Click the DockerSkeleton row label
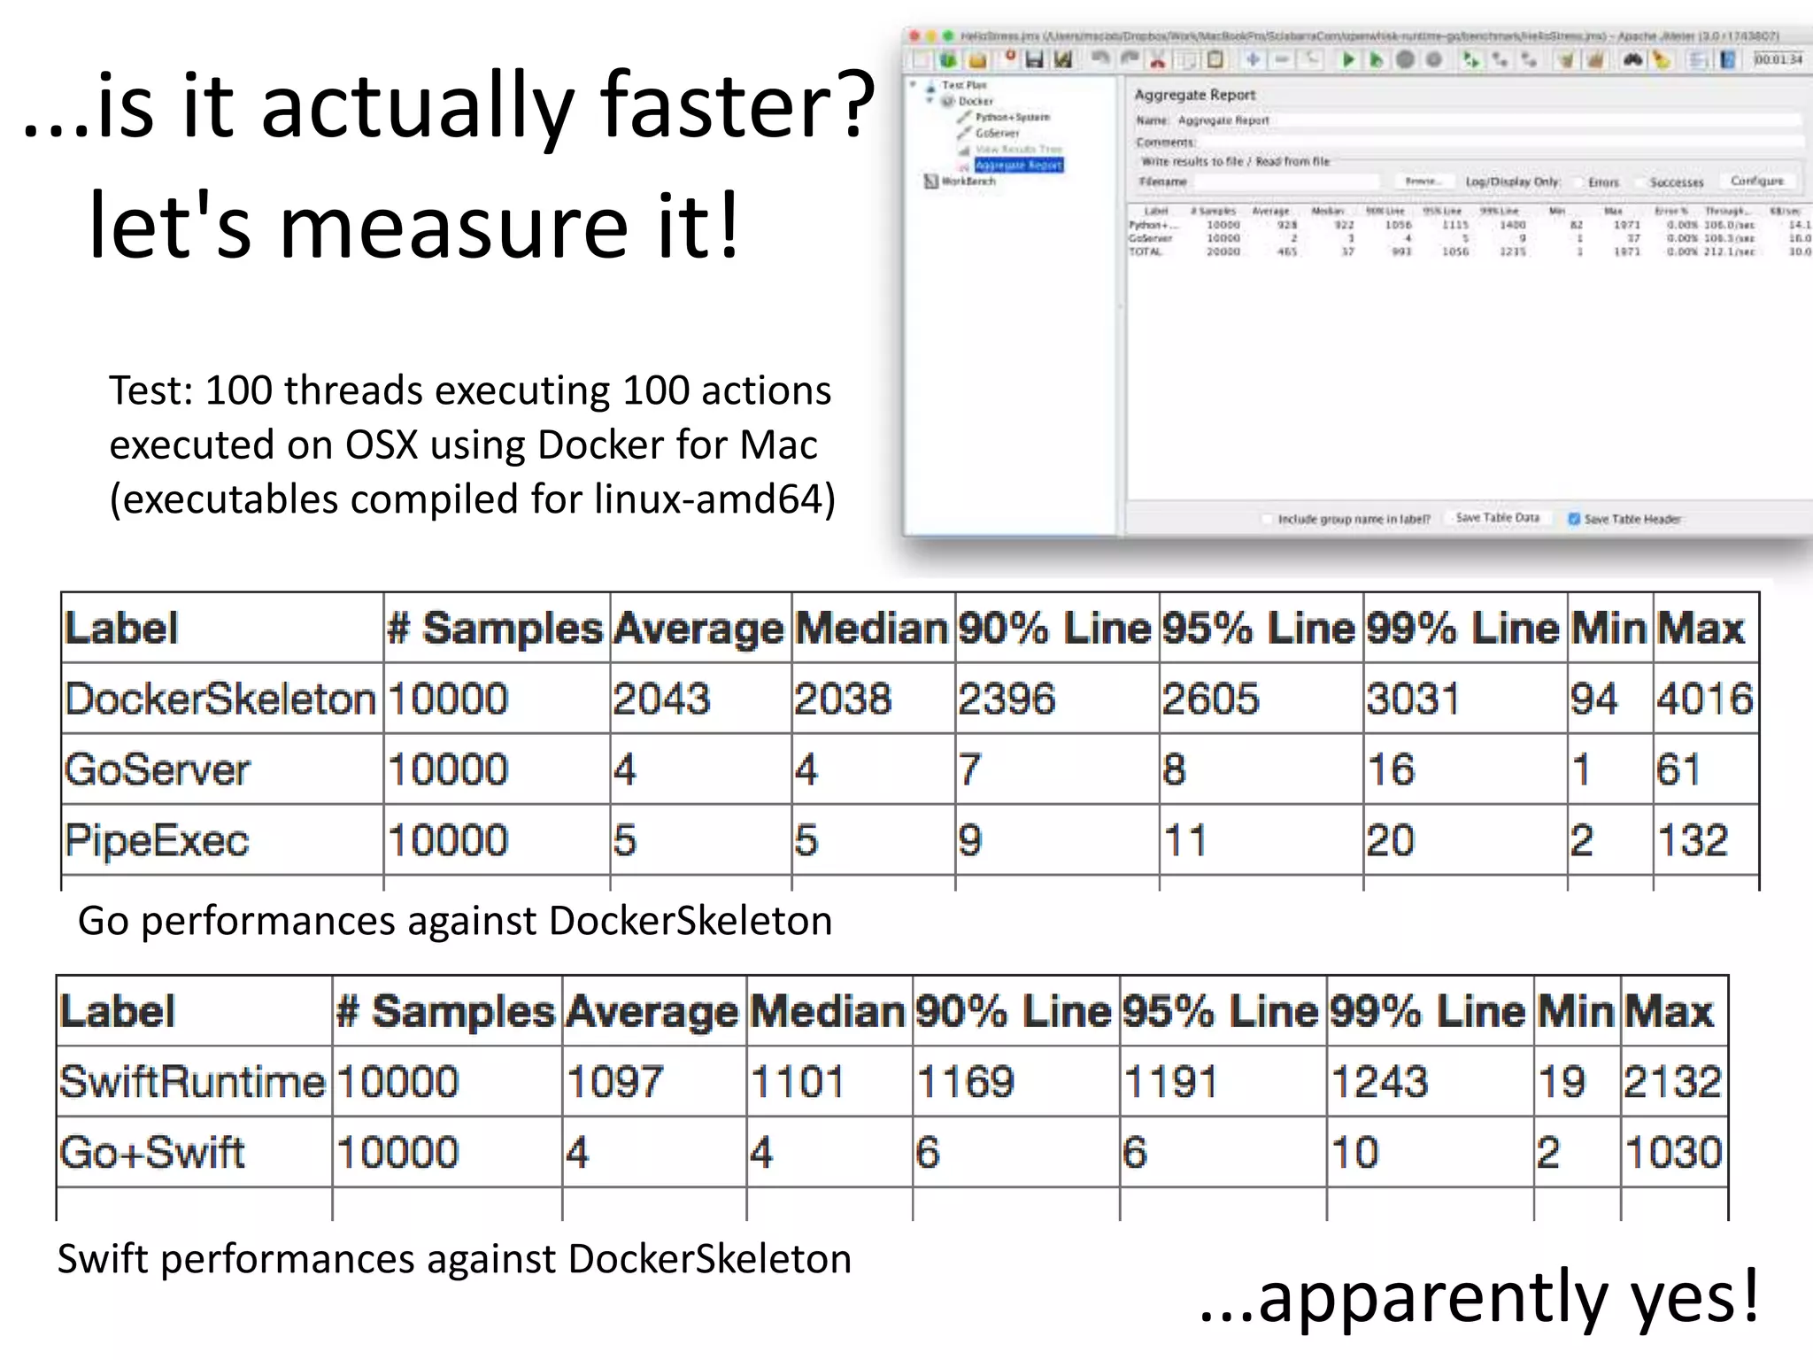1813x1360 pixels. [220, 699]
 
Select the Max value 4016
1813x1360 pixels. [1704, 699]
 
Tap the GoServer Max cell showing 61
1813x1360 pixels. [1678, 769]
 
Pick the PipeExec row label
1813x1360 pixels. [158, 840]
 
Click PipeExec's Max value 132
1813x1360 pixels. [1692, 840]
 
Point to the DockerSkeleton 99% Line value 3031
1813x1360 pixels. [1413, 699]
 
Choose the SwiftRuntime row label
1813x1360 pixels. [192, 1082]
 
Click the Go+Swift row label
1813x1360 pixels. [152, 1153]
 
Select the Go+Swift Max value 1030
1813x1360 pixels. [1673, 1153]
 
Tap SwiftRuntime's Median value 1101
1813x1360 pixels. [797, 1082]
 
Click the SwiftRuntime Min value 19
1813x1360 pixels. [1561, 1082]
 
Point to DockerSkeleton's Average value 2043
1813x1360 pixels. [661, 699]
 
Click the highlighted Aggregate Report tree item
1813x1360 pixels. [1018, 166]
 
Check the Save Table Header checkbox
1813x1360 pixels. [1574, 519]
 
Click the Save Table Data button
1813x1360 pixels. [1497, 518]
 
